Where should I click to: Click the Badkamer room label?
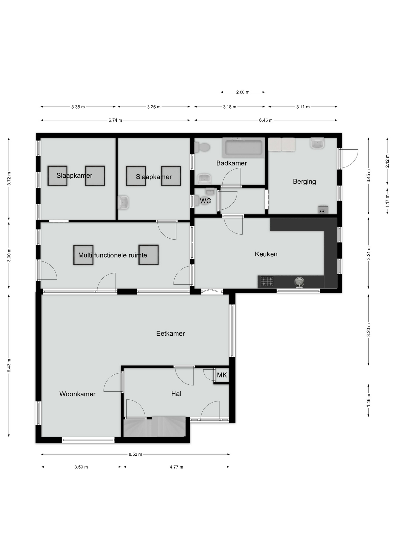point(232,163)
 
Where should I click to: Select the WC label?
point(205,201)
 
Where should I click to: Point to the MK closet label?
point(222,375)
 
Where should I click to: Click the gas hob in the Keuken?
point(267,281)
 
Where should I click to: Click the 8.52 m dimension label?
point(135,454)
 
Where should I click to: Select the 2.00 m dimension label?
point(243,92)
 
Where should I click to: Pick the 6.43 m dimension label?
point(9,365)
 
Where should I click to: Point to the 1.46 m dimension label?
point(369,400)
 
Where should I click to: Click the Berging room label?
point(304,182)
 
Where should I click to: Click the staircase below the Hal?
point(155,427)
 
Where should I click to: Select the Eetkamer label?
point(171,334)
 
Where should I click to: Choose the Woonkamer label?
point(78,394)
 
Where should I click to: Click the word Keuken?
point(266,254)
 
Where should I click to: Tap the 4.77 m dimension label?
point(176,467)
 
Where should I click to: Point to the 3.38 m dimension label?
point(78,107)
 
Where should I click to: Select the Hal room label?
point(176,394)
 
